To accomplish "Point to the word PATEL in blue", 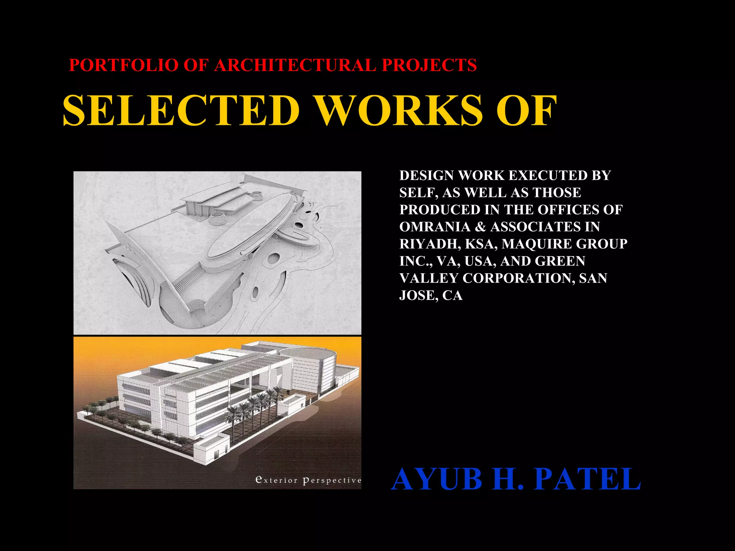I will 587,479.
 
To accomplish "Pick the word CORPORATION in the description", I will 519,278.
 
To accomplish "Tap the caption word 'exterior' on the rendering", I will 276,480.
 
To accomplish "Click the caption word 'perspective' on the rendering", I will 332,481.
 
